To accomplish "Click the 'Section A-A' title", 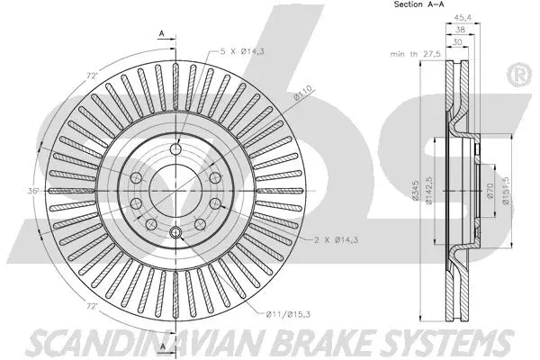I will click(418, 5).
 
